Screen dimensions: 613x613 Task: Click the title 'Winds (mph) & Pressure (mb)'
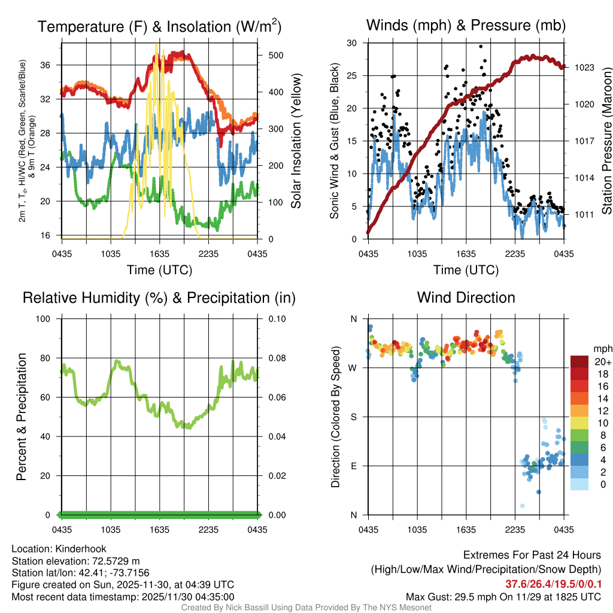click(466, 26)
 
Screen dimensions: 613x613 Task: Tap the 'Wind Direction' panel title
click(466, 298)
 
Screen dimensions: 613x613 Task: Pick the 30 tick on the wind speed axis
click(352, 43)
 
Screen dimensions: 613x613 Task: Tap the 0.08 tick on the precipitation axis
click(277, 358)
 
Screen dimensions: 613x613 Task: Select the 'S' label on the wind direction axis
click(353, 417)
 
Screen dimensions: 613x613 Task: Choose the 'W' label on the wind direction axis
click(353, 368)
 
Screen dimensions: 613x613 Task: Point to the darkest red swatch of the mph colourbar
click(579, 362)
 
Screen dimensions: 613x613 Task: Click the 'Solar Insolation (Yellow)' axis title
click(296, 141)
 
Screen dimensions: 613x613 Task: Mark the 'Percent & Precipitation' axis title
click(22, 417)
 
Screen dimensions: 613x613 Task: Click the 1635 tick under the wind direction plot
click(466, 529)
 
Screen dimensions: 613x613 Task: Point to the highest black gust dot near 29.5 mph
click(480, 46)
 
